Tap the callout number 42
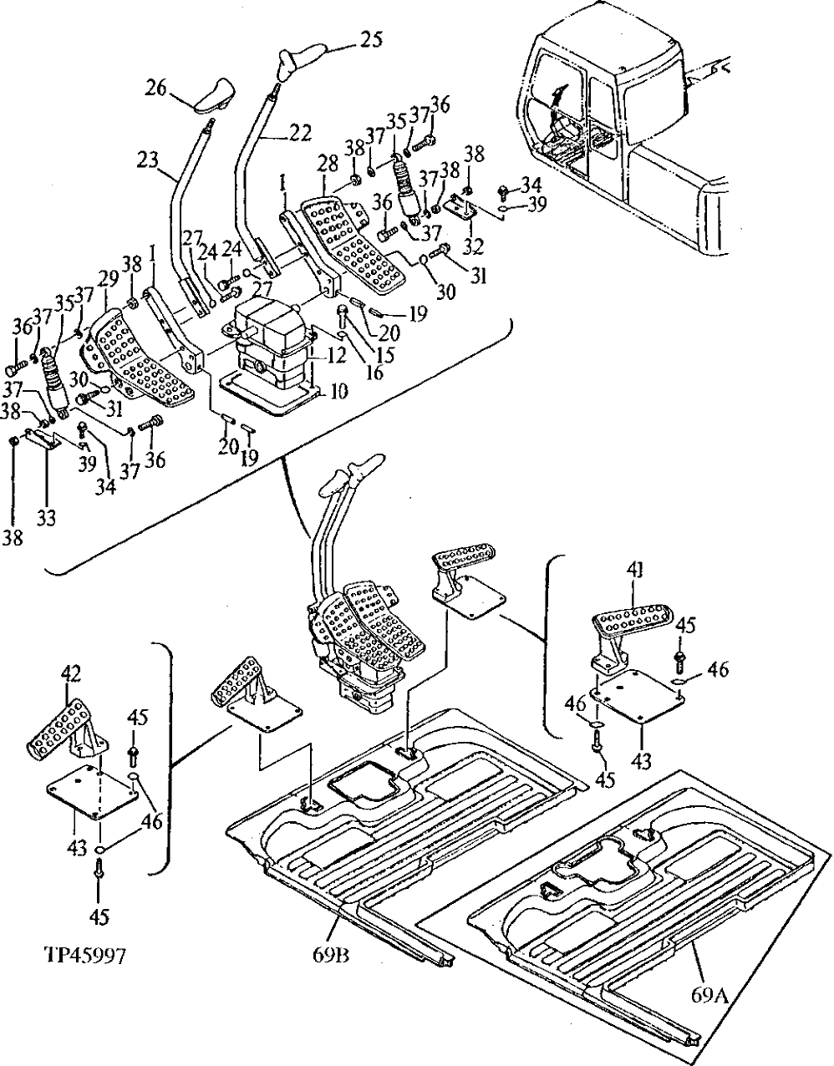(73, 673)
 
